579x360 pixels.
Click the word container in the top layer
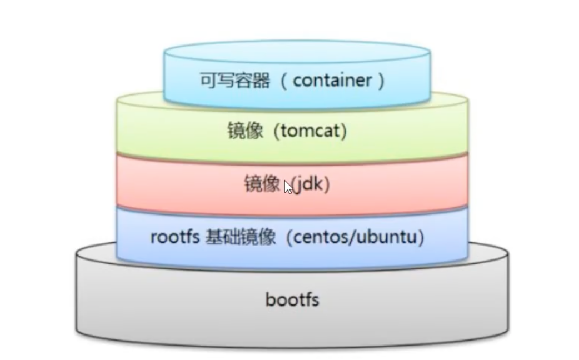(332, 81)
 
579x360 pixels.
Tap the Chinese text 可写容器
(234, 81)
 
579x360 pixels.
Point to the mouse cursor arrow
(288, 187)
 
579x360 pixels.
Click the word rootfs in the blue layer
(175, 237)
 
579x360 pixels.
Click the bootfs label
(292, 300)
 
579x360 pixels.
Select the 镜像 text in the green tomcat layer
(245, 132)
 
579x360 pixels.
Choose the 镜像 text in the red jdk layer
(262, 184)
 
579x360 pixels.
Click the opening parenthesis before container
(284, 81)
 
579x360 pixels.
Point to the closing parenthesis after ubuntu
(422, 238)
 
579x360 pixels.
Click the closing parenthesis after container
(381, 81)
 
